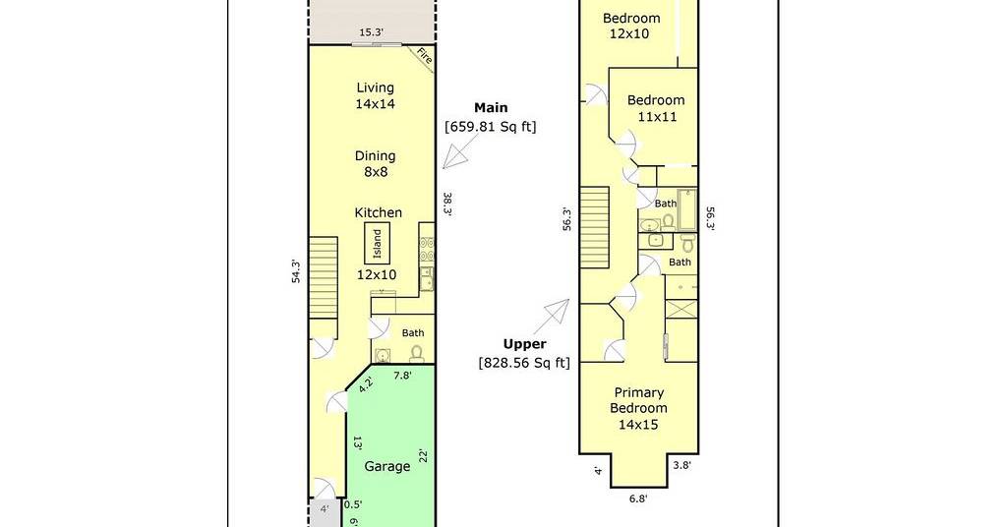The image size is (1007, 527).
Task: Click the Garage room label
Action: (x=386, y=467)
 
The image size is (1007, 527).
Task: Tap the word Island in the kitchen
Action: (x=377, y=243)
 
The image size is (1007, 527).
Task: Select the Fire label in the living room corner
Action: (x=425, y=56)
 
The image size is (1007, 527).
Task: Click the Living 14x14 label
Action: (x=375, y=95)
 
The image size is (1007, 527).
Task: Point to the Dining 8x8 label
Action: (x=375, y=163)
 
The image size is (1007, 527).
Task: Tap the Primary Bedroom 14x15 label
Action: (x=638, y=408)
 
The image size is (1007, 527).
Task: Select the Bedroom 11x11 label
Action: (x=656, y=108)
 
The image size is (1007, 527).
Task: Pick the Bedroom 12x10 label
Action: (x=630, y=26)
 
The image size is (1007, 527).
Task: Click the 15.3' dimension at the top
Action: (x=371, y=32)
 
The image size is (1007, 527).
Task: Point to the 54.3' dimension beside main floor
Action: (x=296, y=271)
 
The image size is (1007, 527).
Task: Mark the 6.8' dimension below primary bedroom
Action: (x=637, y=498)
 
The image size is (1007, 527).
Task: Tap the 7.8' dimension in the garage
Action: (x=402, y=377)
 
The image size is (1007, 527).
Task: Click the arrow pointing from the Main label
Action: (x=456, y=156)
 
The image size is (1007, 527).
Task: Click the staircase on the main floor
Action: (x=323, y=277)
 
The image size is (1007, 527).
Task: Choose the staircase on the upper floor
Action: (x=595, y=227)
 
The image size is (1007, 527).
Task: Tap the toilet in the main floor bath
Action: (x=416, y=353)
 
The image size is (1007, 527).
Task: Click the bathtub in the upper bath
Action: (x=686, y=209)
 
